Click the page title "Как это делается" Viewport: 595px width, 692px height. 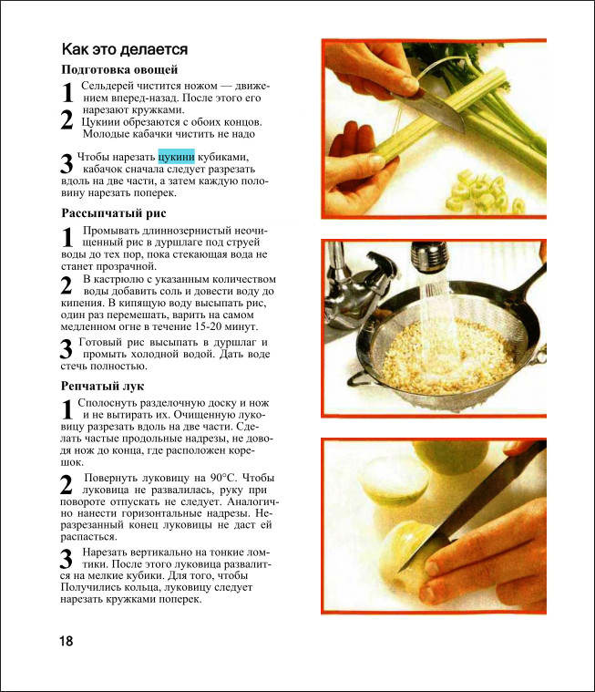pos(125,49)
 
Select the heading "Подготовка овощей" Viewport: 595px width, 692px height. pos(119,69)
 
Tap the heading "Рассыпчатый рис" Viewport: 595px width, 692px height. pos(114,213)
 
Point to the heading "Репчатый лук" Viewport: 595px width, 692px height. pos(102,387)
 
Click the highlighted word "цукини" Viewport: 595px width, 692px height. pos(177,157)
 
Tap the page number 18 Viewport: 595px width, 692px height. pos(67,641)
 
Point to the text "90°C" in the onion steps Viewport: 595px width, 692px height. pos(223,478)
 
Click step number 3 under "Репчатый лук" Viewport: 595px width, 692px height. pos(67,559)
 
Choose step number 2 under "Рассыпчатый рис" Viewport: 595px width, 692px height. pos(67,285)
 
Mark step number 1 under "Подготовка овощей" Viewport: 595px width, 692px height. pos(67,92)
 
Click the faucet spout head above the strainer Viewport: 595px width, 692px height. pos(429,256)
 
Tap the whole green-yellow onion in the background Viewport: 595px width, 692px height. pos(450,456)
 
